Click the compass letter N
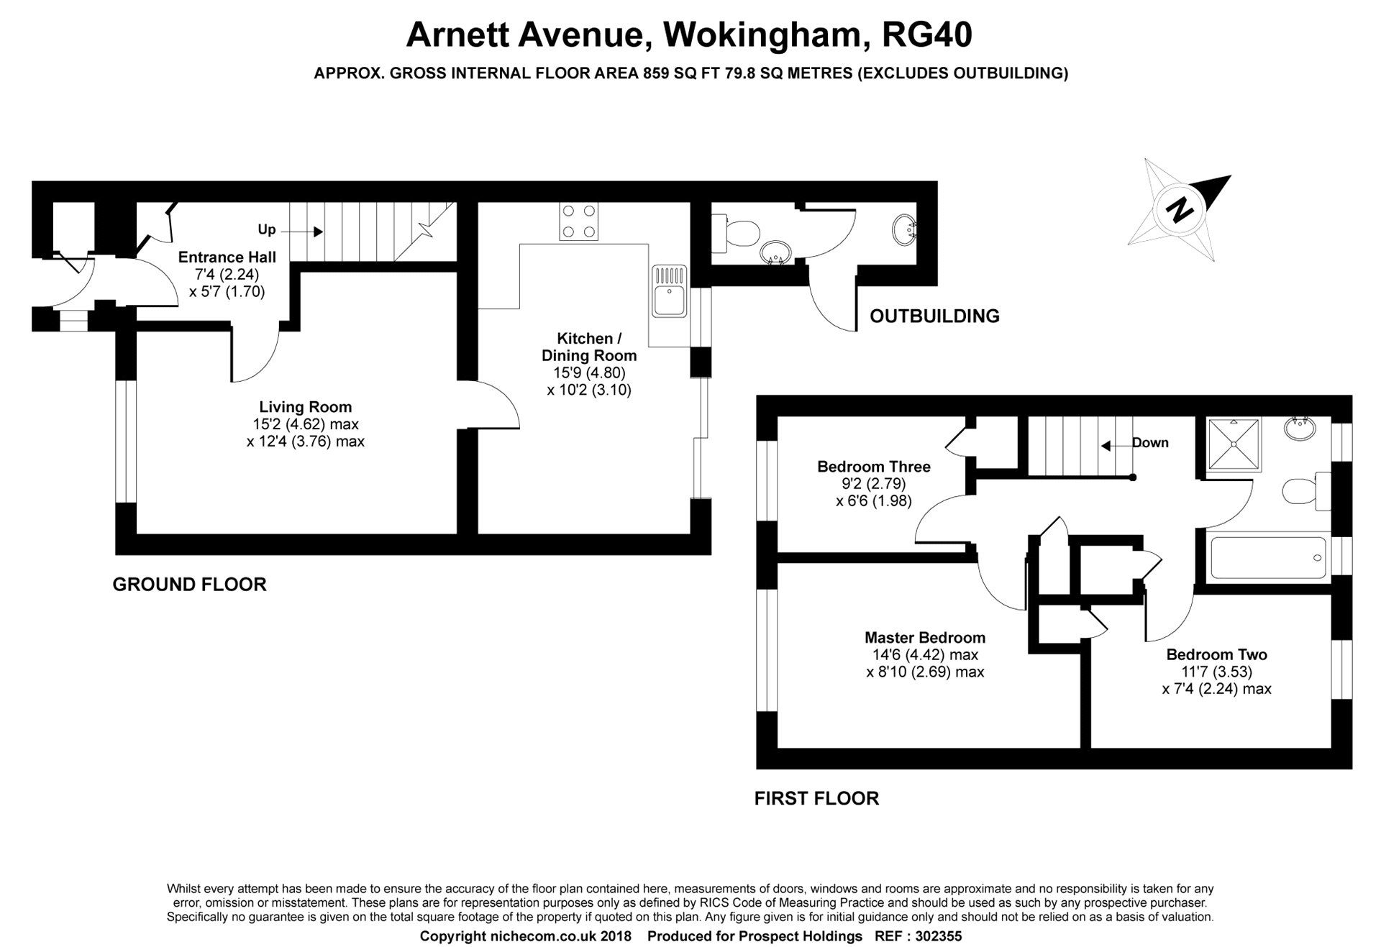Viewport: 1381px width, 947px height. (1178, 211)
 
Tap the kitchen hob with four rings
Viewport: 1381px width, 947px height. (580, 221)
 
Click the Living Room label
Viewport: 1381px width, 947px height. (306, 407)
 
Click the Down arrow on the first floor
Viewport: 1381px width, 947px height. (1111, 447)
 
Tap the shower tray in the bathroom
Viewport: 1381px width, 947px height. (1234, 444)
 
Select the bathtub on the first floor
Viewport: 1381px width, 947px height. (1268, 557)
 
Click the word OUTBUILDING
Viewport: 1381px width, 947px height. (934, 316)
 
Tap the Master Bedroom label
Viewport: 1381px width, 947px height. (925, 637)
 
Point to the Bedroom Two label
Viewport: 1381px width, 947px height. (1216, 654)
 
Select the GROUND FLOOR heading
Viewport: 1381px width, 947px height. (189, 584)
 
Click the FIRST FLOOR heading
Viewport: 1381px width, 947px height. (816, 798)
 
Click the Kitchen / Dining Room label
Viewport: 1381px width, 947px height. (588, 347)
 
